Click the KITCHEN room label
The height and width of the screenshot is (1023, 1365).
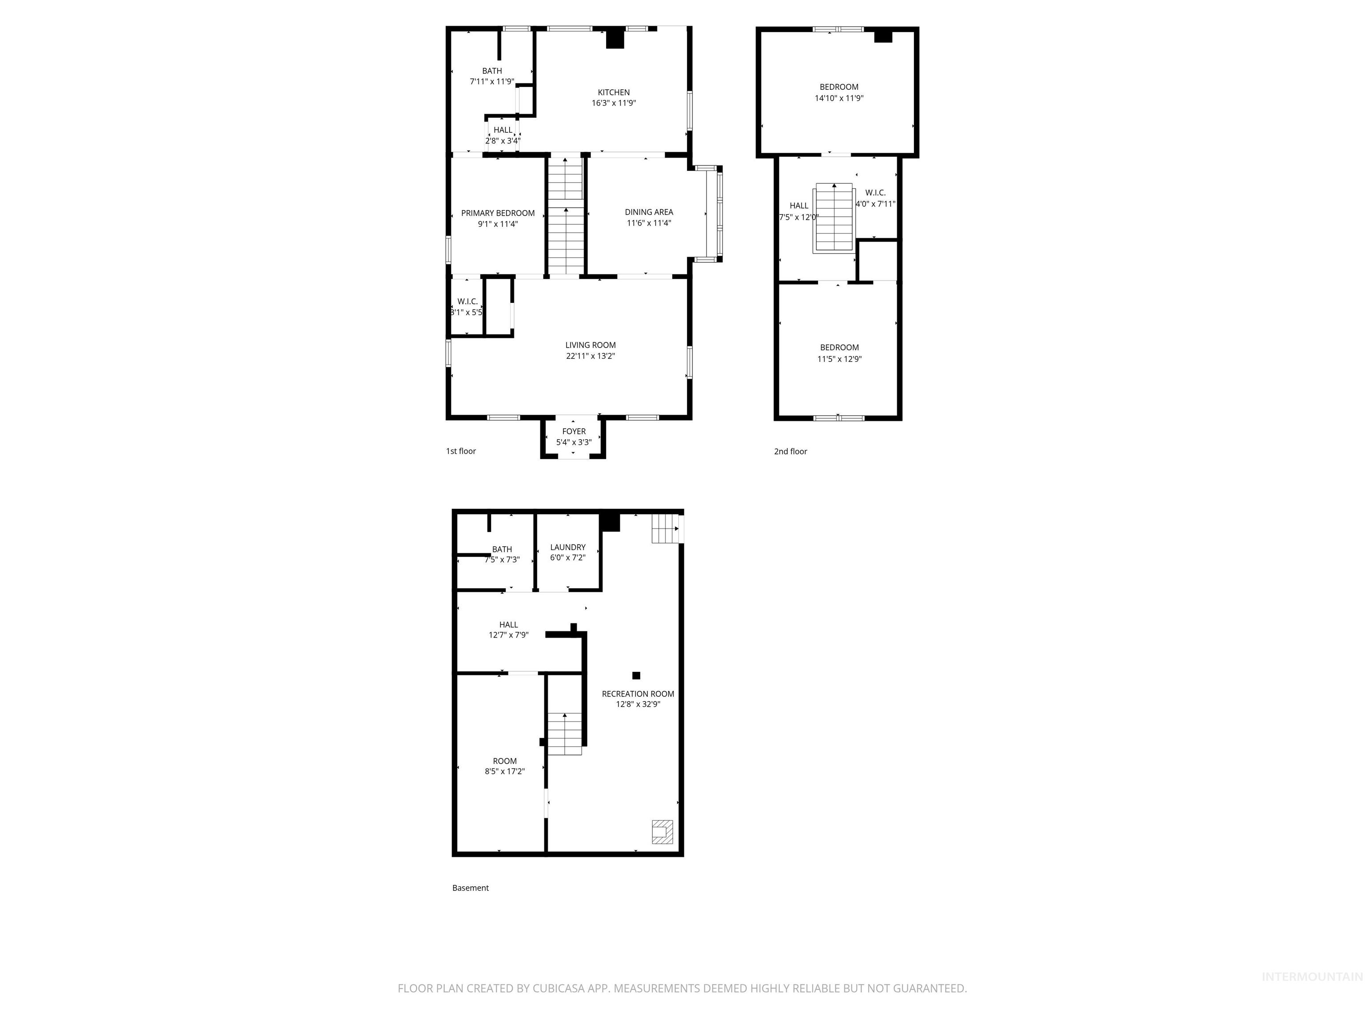[x=613, y=92]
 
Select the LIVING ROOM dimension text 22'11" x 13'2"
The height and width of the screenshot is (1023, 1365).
[x=591, y=356]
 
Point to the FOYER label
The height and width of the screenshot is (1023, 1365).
[x=574, y=432]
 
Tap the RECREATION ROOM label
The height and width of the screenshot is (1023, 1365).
[x=638, y=694]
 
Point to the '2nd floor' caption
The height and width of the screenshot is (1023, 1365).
[x=790, y=452]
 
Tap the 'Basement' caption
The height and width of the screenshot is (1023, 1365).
[x=470, y=888]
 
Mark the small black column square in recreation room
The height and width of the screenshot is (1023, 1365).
[x=636, y=675]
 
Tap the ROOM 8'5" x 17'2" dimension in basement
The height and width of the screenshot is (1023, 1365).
[x=505, y=771]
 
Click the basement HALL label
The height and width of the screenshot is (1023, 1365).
[x=508, y=625]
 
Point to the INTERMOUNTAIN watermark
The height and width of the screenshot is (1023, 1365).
[x=1311, y=976]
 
